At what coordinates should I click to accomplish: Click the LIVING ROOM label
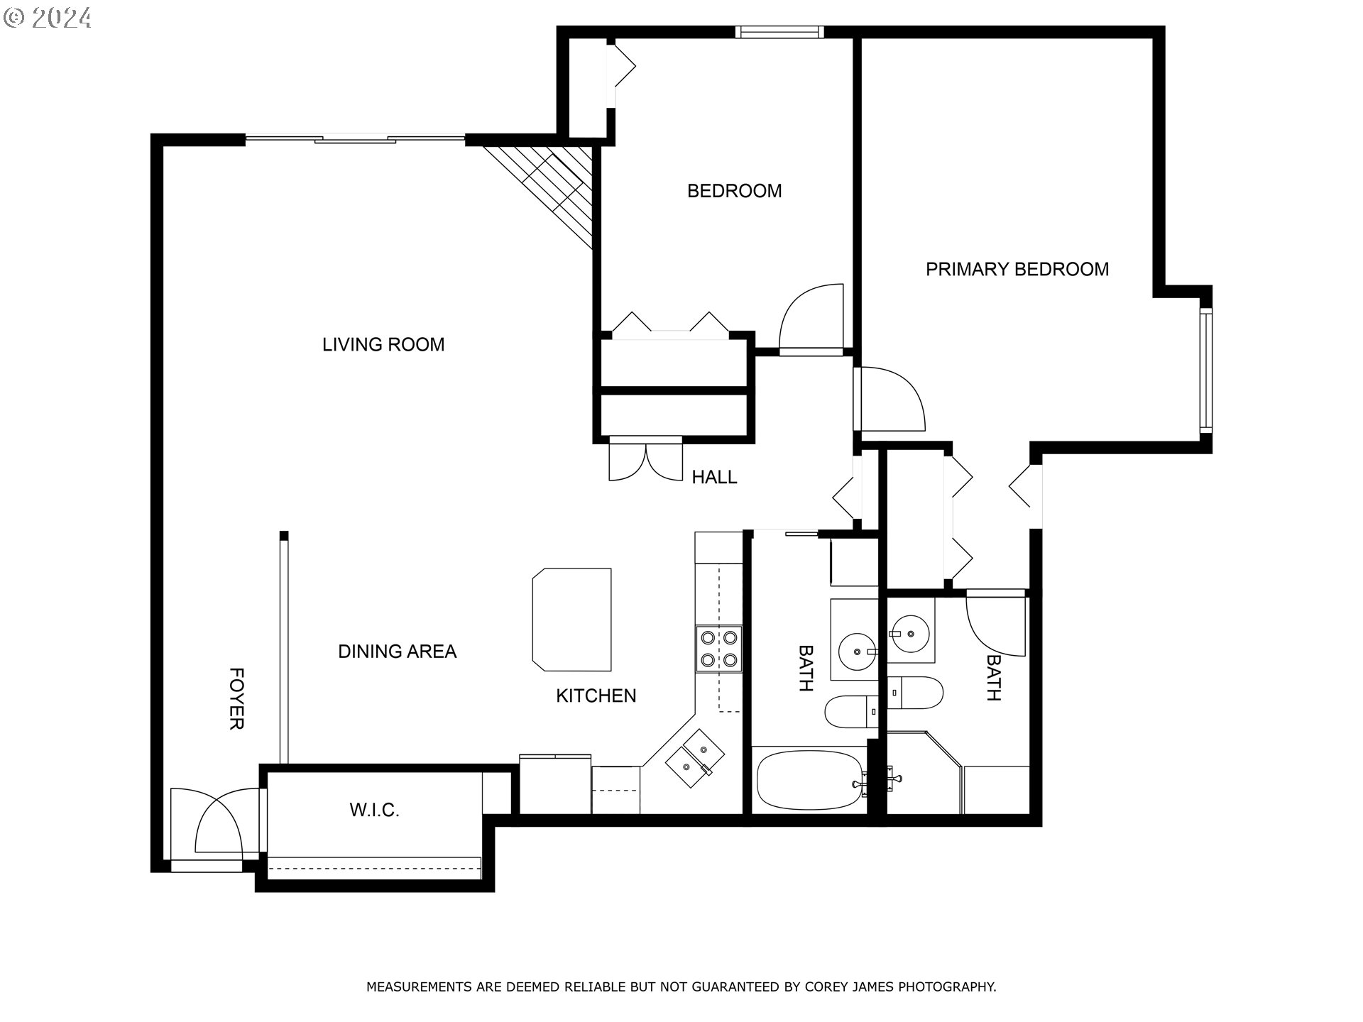tap(383, 345)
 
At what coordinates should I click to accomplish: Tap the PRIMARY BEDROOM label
tap(1017, 270)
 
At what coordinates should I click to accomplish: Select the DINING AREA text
tap(397, 652)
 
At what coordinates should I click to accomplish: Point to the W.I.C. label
tap(374, 810)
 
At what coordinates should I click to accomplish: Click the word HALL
tap(714, 478)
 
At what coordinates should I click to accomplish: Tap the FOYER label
tap(236, 698)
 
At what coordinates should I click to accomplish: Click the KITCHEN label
tap(596, 696)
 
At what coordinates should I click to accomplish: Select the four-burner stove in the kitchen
tap(718, 649)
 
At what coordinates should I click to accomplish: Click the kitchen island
tap(572, 619)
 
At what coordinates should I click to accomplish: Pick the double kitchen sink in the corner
tap(694, 758)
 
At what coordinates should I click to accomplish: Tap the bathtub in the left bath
tap(809, 781)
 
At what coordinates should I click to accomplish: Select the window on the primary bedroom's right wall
tap(1205, 370)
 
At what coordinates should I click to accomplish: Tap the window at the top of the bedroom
tap(779, 32)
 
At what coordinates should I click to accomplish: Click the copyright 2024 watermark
tap(48, 18)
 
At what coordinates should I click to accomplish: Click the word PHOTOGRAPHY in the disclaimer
tap(947, 987)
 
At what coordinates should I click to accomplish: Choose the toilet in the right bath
tap(915, 693)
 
